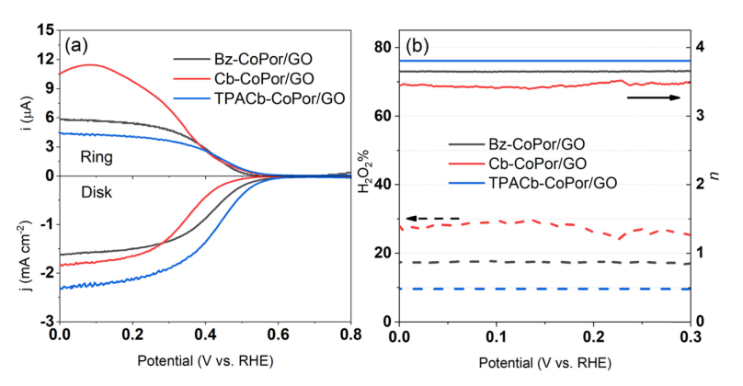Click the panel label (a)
tap(75, 43)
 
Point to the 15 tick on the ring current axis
tap(45, 30)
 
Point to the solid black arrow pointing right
tap(654, 96)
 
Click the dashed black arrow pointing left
tap(421, 218)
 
